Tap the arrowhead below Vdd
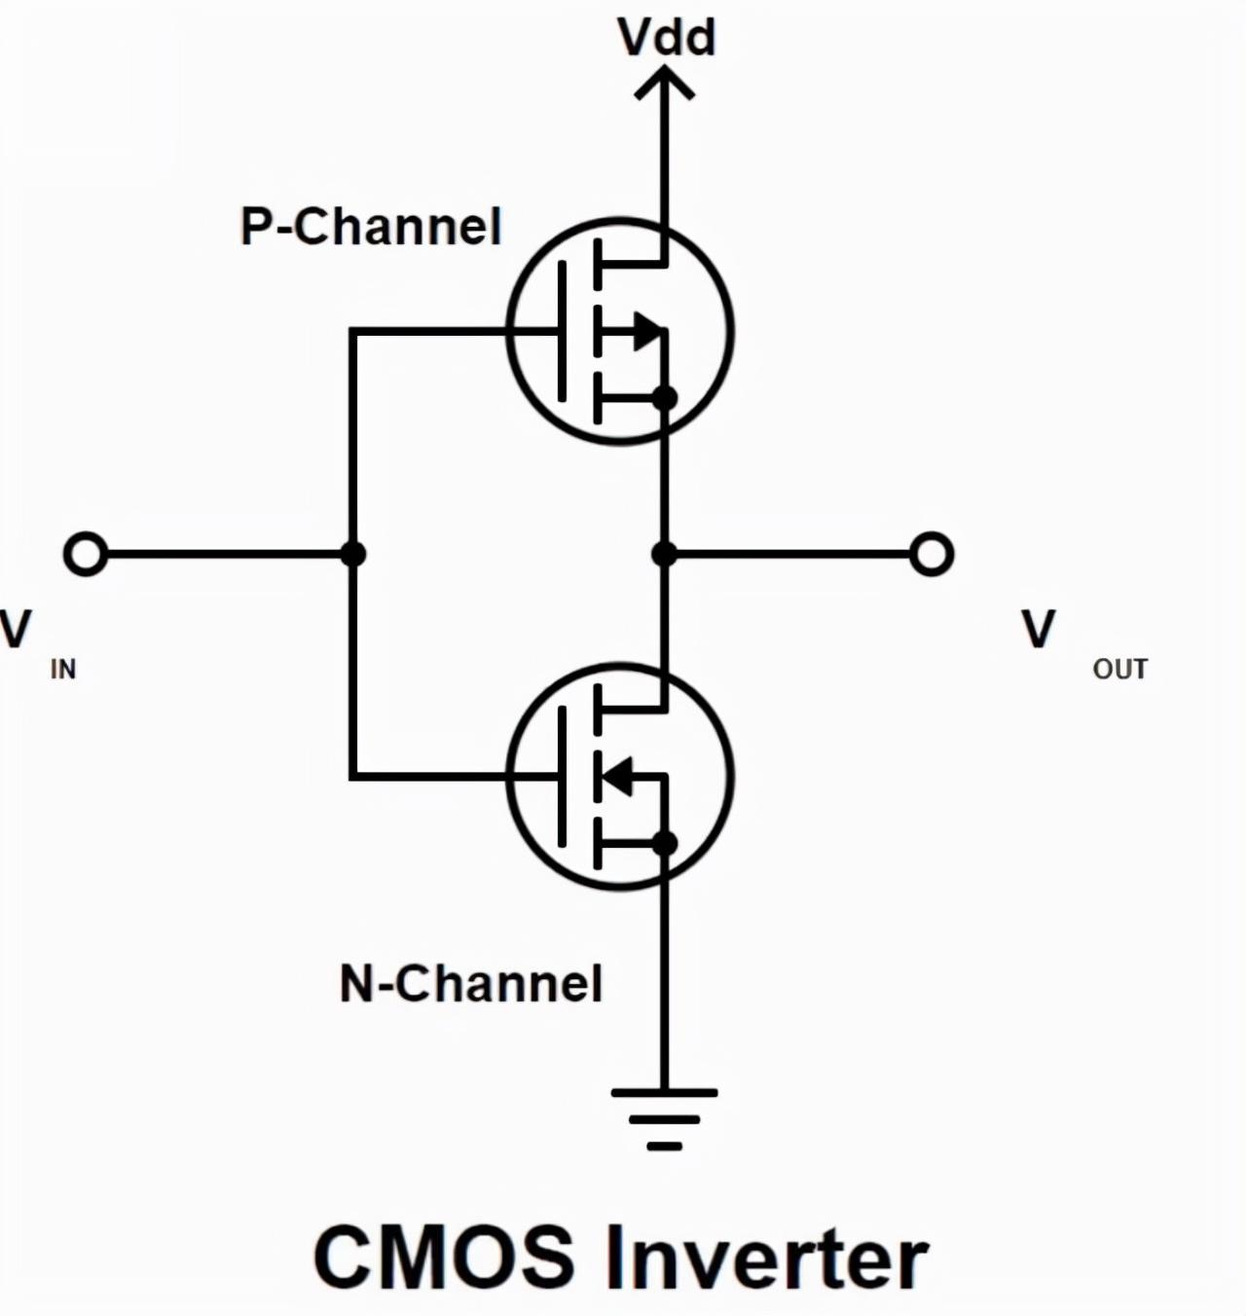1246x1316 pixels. pyautogui.click(x=664, y=83)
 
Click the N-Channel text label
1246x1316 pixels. pyautogui.click(x=471, y=984)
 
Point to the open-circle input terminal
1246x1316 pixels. pyautogui.click(x=85, y=554)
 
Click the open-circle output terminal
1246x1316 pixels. pyautogui.click(x=931, y=554)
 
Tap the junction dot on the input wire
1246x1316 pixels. pyautogui.click(x=352, y=554)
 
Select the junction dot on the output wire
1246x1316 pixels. pyautogui.click(x=664, y=554)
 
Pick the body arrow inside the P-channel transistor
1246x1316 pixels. pyautogui.click(x=647, y=331)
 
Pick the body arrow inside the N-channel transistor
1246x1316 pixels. pyautogui.click(x=616, y=777)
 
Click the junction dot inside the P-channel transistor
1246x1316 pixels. pyautogui.click(x=664, y=398)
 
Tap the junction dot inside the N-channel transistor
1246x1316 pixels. pyautogui.click(x=664, y=843)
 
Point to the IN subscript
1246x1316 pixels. pyautogui.click(x=63, y=670)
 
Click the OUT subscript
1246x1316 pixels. pyautogui.click(x=1119, y=670)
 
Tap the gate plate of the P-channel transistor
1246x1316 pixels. pyautogui.click(x=562, y=331)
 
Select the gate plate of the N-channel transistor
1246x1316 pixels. pyautogui.click(x=562, y=777)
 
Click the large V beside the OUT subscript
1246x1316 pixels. pyautogui.click(x=1038, y=629)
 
